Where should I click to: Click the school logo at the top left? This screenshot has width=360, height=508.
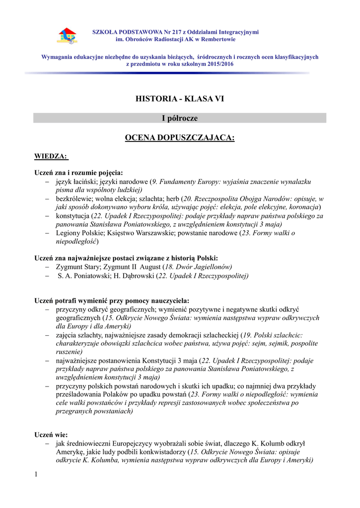pos(68,35)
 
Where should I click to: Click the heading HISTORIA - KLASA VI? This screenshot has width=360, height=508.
pos(180,99)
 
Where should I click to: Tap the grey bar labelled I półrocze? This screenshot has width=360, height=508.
pos(180,118)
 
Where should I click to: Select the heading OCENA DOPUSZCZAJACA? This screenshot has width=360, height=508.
pos(180,137)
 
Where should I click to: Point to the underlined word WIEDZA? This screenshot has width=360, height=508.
pos(51,156)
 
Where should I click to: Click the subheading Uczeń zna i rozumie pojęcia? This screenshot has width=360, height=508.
pos(78,173)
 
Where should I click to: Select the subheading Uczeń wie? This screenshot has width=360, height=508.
pos(51,435)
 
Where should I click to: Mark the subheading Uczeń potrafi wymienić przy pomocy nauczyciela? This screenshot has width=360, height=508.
pos(112,301)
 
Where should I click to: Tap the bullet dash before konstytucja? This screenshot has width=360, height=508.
pos(47,216)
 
